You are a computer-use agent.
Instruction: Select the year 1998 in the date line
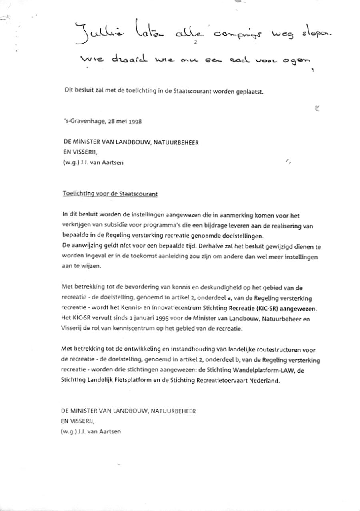click(135, 121)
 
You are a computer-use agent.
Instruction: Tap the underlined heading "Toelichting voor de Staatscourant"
click(110, 194)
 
